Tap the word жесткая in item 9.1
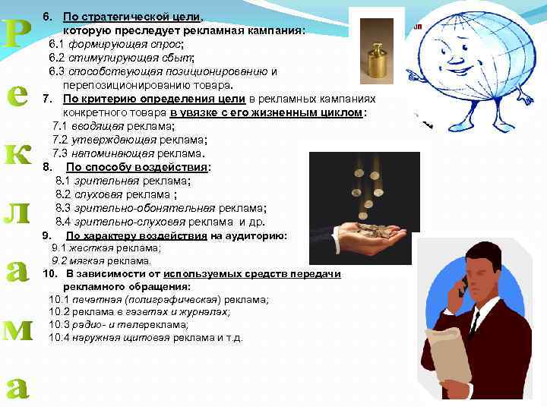[x=90, y=248]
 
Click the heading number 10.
[x=49, y=273]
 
